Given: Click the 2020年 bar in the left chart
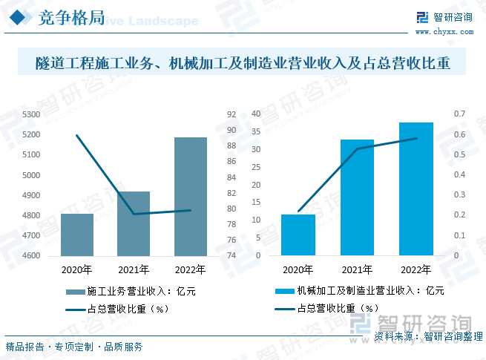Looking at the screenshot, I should click(76, 235).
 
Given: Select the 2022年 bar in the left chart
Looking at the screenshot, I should click(191, 197).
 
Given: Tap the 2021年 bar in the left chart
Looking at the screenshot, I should click(134, 223).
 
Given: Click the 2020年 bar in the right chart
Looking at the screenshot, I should click(298, 235).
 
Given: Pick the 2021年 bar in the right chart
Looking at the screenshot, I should click(357, 197).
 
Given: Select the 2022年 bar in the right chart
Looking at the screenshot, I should click(416, 189).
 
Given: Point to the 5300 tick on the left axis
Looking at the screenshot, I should click(32, 114).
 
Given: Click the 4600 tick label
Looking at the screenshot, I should click(32, 255).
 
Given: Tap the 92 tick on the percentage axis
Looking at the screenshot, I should click(231, 114).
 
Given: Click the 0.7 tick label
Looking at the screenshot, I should click(459, 114).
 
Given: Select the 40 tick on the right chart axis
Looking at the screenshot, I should click(257, 114).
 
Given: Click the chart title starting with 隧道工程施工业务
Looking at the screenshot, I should click(243, 62).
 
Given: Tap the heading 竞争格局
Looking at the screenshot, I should click(71, 19).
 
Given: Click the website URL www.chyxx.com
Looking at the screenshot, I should click(443, 32).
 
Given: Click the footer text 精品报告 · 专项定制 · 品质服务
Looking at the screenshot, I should click(74, 347).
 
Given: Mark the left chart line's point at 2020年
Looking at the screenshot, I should click(77, 135).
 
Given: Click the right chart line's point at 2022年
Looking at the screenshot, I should click(416, 139).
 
